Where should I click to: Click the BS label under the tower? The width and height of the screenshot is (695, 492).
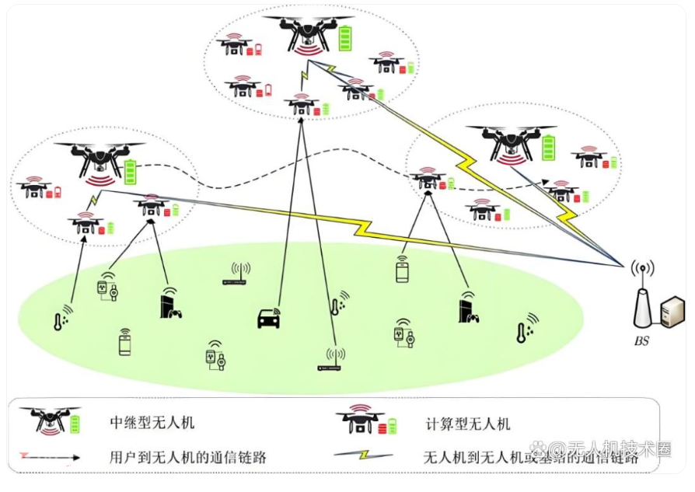(x=642, y=340)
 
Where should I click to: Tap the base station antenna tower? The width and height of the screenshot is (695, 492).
(x=642, y=299)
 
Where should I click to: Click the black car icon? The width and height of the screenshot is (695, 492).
(x=268, y=319)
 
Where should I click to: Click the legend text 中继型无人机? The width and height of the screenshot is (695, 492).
(x=152, y=423)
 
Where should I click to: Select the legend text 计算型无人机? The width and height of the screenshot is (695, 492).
(x=468, y=424)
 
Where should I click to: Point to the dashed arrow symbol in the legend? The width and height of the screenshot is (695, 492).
(x=48, y=457)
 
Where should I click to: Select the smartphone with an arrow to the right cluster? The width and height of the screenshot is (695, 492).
(x=402, y=270)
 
